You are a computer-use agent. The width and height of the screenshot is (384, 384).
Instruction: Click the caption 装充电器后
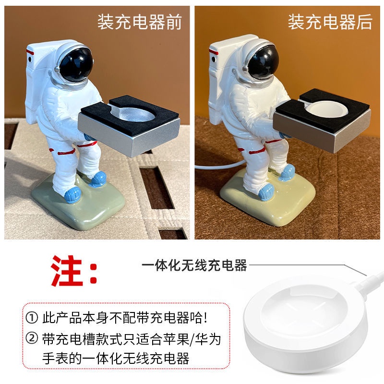[330, 22]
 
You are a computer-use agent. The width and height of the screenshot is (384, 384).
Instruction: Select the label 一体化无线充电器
[194, 265]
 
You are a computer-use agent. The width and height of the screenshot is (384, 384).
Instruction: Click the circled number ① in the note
[32, 318]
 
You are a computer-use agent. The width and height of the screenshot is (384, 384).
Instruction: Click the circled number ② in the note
[32, 339]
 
